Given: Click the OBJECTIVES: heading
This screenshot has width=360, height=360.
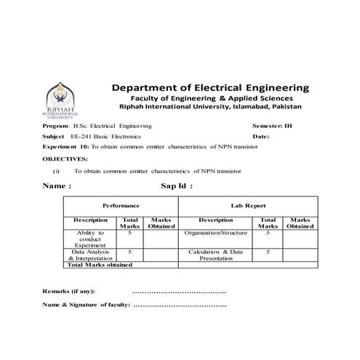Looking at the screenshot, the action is [x=65, y=157].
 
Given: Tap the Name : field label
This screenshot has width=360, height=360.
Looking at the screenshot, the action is [x=57, y=186].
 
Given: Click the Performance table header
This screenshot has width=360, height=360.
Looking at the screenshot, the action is [x=120, y=206].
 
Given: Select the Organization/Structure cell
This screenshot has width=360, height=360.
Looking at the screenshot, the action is [x=216, y=233].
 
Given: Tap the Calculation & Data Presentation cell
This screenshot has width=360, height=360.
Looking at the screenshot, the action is [x=216, y=254].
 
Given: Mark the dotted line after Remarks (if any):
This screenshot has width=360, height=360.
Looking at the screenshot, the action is [x=180, y=291].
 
